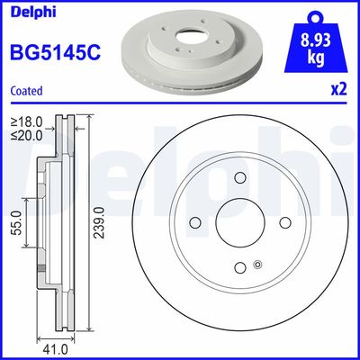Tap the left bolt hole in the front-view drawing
click(x=195, y=223)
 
